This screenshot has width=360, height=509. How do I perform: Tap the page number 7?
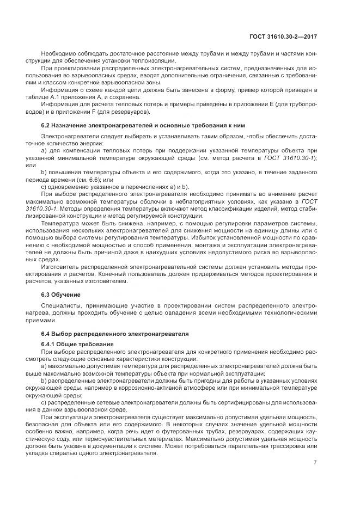click(315, 463)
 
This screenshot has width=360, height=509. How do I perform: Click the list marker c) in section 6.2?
click(44, 186)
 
